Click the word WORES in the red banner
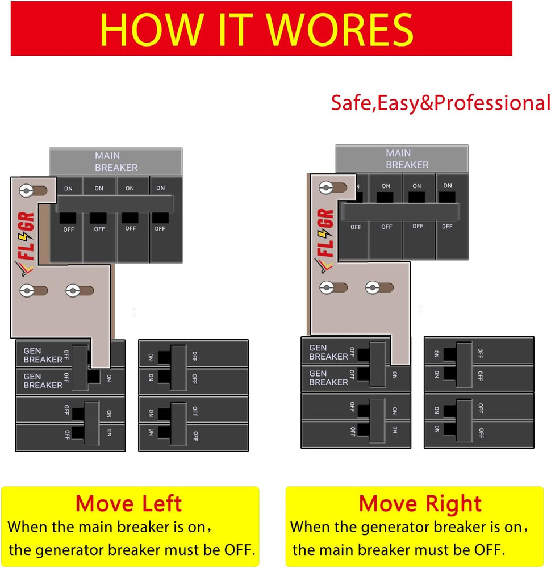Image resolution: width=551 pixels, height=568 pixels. click(340, 30)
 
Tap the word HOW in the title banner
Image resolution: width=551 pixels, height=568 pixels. click(151, 30)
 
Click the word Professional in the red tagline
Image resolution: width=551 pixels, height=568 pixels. click(492, 102)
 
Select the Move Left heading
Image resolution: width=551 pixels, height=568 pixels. click(128, 503)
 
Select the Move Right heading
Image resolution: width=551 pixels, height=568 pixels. click(420, 503)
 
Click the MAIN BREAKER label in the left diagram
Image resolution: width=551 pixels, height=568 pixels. click(116, 161)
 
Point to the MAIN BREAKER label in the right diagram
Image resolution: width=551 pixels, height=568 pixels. click(407, 158)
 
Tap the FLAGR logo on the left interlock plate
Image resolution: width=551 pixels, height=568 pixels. click(26, 243)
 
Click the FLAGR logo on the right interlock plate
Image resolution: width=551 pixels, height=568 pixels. click(324, 240)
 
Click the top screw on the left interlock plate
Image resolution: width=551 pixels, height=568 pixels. click(27, 190)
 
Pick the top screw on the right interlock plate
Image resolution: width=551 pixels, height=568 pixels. click(326, 187)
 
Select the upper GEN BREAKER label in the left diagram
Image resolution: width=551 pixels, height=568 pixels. click(43, 356)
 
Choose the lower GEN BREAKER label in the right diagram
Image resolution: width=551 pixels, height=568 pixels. click(328, 378)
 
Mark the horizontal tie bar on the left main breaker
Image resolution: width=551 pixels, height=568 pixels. click(115, 204)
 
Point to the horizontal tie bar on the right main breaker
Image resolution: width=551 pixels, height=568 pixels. click(400, 211)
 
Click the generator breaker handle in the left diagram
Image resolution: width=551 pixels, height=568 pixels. click(80, 367)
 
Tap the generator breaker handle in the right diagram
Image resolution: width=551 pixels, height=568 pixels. click(377, 365)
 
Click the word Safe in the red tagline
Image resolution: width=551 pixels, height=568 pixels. click(351, 102)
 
